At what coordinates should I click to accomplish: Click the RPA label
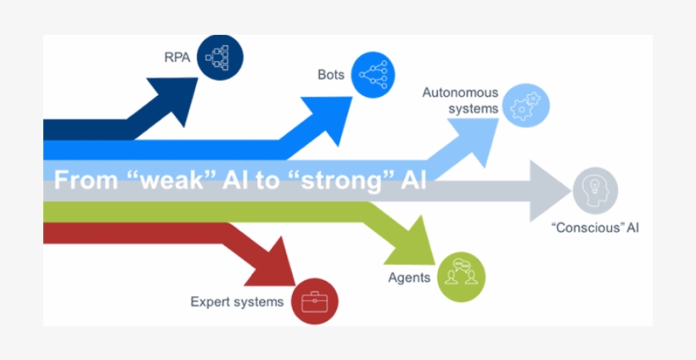coord(177,58)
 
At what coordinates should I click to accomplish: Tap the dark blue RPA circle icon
coord(221,57)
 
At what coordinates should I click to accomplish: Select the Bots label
coord(331,75)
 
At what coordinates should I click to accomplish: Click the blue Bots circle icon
coord(373,74)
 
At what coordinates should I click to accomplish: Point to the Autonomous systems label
coord(458,99)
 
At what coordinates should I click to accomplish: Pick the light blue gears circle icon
coord(526,106)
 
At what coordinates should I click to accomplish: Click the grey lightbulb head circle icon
coord(594,188)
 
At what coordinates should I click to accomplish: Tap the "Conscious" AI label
coord(594,228)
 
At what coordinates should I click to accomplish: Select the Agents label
coord(409,278)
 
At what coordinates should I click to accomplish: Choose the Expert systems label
coord(237,301)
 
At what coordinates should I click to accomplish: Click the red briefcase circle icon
coord(315,301)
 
